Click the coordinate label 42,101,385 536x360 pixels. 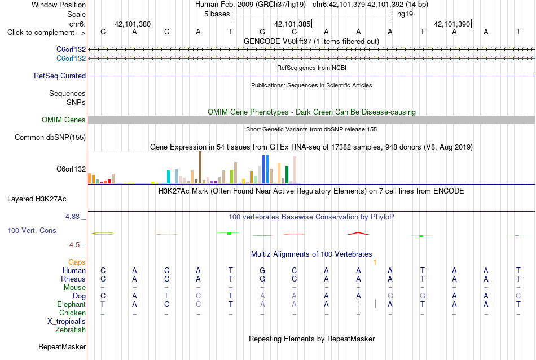(292, 24)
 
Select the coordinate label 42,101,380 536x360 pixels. (133, 24)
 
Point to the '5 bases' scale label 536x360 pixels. (217, 14)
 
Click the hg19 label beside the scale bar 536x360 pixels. (405, 14)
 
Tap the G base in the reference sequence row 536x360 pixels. (262, 32)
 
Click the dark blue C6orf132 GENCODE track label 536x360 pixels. (71, 50)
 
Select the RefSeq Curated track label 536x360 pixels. (60, 76)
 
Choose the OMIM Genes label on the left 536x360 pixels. (64, 120)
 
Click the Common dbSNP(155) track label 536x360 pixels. (50, 138)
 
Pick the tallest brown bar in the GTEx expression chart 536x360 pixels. (200, 168)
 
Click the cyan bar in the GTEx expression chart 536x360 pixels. (168, 177)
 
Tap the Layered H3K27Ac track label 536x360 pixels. (37, 199)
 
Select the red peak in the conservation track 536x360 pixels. (358, 234)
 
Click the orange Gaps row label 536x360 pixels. (77, 262)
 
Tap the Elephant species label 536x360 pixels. (71, 305)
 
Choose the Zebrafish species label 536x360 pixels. (71, 330)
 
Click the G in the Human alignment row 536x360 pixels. (262, 271)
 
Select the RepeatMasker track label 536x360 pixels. (62, 346)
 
